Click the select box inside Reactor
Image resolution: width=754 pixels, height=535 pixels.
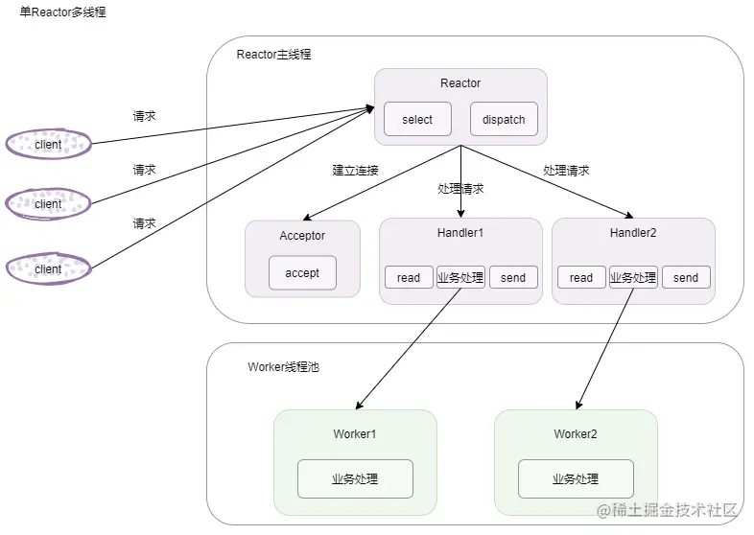click(x=417, y=120)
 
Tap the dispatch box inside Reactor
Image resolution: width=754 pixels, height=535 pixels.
click(x=504, y=120)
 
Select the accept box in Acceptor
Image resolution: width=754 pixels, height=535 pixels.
click(x=302, y=273)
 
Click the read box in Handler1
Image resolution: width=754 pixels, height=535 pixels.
click(x=409, y=278)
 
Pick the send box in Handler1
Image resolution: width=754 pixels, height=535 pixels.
click(x=513, y=278)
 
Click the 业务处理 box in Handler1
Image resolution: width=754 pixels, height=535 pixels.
click(x=460, y=278)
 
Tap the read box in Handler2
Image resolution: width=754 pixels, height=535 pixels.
click(x=581, y=278)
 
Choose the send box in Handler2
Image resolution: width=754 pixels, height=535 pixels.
click(x=686, y=278)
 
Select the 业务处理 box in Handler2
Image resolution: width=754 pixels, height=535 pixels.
click(x=633, y=278)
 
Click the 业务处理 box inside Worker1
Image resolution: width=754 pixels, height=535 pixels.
click(x=355, y=478)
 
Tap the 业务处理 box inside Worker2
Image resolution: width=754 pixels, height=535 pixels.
click(x=576, y=478)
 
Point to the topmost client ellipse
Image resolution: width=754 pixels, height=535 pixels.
click(x=48, y=145)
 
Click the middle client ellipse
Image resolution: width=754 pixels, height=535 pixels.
click(x=48, y=204)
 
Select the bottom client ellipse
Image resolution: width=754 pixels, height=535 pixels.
click(x=48, y=269)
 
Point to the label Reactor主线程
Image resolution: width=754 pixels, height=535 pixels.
click(x=273, y=55)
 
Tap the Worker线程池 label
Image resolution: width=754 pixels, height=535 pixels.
click(x=284, y=367)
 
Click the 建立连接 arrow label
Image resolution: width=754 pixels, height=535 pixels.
click(x=355, y=171)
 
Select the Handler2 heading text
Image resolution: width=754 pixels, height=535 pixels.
click(x=633, y=233)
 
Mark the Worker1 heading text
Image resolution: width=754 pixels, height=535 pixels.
click(x=355, y=434)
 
